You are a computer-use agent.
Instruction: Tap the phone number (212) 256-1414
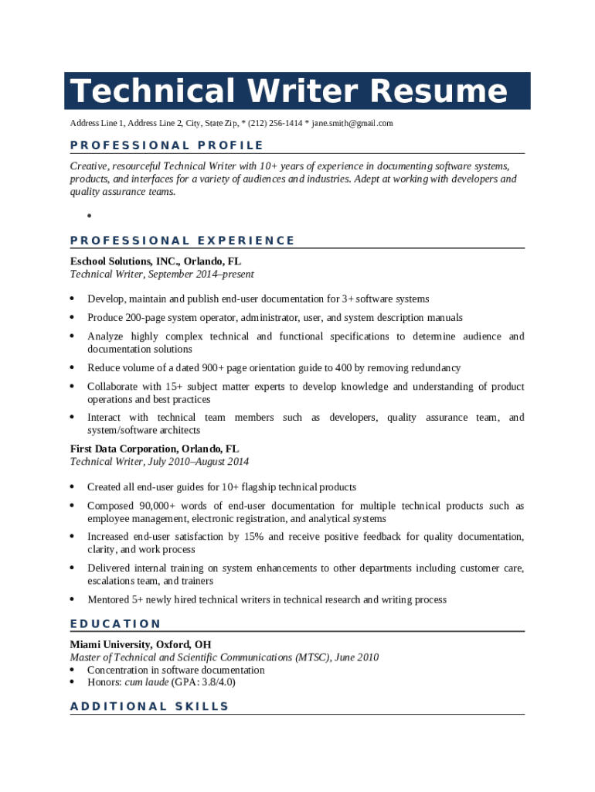[275, 124]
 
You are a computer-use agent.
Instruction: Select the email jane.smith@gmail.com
[352, 124]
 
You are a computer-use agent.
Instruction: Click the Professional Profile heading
[166, 145]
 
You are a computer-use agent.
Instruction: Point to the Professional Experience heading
[182, 241]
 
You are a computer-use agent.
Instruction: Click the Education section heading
[115, 623]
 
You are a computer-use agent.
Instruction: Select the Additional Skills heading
[149, 706]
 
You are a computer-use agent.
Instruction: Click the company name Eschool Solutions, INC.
[124, 261]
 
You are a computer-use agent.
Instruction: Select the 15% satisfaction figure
[253, 537]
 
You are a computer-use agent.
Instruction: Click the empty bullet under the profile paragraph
[90, 216]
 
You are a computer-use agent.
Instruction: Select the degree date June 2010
[357, 657]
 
